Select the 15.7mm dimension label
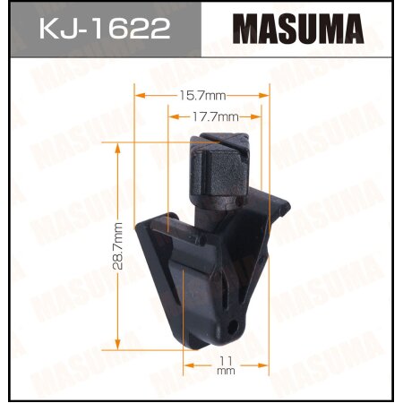click(x=201, y=93)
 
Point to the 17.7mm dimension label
click(x=215, y=116)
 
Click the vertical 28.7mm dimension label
click(x=105, y=247)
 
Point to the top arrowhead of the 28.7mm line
click(x=118, y=150)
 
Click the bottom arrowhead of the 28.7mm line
click(x=118, y=346)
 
